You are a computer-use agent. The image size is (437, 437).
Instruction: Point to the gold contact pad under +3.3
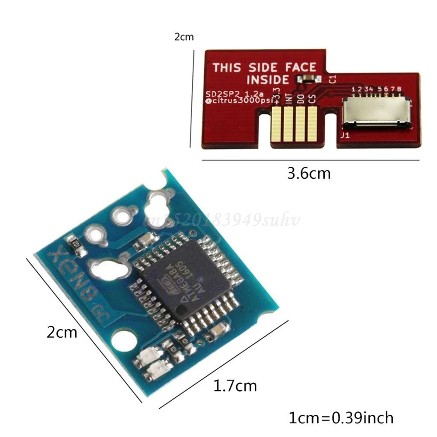pyautogui.click(x=276, y=124)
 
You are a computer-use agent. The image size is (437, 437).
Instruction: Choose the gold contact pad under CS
pyautogui.click(x=312, y=124)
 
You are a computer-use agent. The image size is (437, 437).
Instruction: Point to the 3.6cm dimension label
pyautogui.click(x=309, y=173)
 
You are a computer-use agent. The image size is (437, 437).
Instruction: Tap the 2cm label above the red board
pyautogui.click(x=184, y=37)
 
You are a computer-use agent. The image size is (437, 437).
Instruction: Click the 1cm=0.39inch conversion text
pyautogui.click(x=341, y=417)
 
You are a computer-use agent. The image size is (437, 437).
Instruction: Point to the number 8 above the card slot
pyautogui.click(x=399, y=89)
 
